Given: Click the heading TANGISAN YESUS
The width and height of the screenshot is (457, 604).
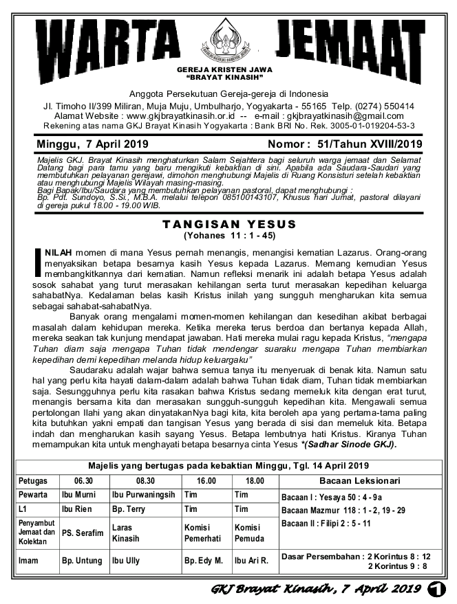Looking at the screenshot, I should click(229, 225).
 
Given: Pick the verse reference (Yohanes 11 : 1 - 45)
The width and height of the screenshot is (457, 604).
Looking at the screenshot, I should click(229, 235).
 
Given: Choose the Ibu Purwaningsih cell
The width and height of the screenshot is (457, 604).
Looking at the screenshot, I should click(143, 495).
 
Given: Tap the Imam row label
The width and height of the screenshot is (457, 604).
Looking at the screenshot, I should click(29, 561).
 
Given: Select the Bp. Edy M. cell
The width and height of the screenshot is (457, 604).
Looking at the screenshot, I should click(203, 561).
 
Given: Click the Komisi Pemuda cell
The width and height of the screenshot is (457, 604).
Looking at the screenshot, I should click(248, 533).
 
